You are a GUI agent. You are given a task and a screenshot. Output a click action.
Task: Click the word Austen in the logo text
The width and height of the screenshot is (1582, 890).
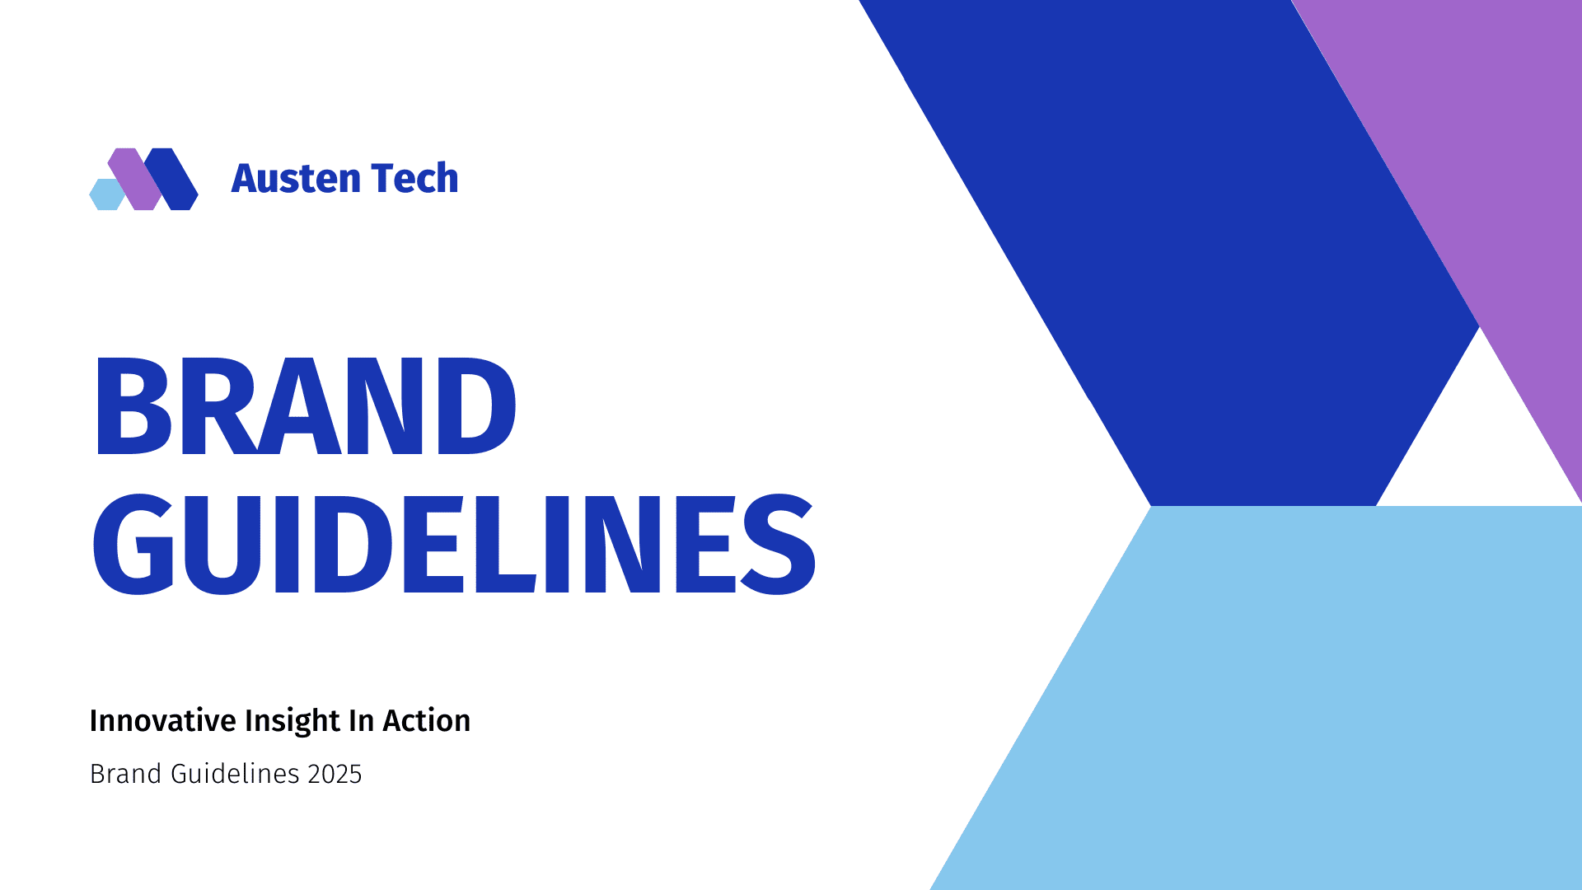pyautogui.click(x=296, y=179)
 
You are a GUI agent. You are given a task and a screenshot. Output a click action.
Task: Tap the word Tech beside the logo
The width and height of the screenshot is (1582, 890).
pyautogui.click(x=414, y=179)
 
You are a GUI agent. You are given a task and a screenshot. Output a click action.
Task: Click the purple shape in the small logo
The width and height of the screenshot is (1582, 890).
pyautogui.click(x=134, y=178)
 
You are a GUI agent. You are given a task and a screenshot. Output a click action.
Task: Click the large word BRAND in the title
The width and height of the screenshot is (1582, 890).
pyautogui.click(x=305, y=406)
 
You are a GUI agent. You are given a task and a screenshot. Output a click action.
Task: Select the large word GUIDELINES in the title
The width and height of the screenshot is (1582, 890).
pyautogui.click(x=453, y=544)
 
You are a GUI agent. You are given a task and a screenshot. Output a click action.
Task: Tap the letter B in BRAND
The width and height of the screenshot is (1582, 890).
pyautogui.click(x=132, y=406)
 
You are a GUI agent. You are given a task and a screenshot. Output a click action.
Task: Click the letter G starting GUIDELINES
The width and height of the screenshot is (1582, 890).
pyautogui.click(x=133, y=544)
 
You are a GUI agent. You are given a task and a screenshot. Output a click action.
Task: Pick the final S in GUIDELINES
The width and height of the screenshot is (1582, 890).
pyautogui.click(x=779, y=544)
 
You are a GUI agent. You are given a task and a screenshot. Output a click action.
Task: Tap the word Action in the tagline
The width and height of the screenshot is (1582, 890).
pyautogui.click(x=426, y=721)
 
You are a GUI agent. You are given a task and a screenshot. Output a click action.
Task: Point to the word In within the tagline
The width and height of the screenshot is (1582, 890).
pyautogui.click(x=361, y=721)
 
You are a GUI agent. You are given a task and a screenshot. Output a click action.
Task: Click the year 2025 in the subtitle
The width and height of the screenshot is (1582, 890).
pyautogui.click(x=335, y=774)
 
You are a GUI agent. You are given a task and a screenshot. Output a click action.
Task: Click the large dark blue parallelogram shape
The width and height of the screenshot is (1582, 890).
pyautogui.click(x=1195, y=247)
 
